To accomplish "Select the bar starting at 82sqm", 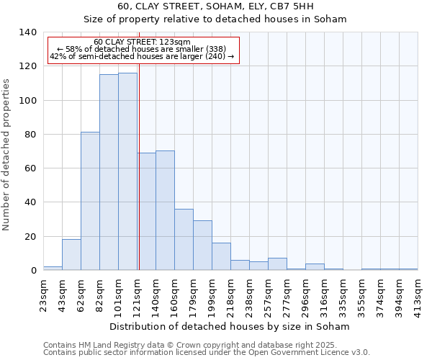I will (x=109, y=172).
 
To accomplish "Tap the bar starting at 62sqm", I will (x=90, y=201).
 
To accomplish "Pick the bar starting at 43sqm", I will (x=71, y=255).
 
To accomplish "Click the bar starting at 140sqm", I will (x=165, y=210).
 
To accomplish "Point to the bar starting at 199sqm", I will (x=221, y=256).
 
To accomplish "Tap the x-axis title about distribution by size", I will (x=230, y=326).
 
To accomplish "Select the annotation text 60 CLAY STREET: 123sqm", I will (x=142, y=42).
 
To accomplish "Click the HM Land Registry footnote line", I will (x=190, y=345).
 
